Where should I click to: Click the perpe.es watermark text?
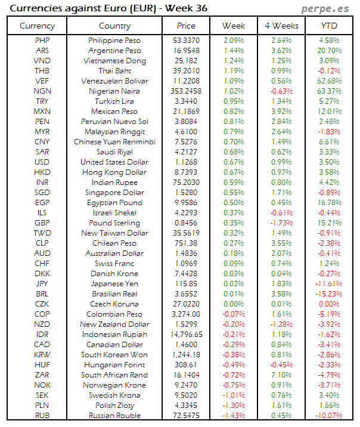(x=327, y=8)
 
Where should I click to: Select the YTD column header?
(x=327, y=26)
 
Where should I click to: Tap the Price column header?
(x=186, y=26)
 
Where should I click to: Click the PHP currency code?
(x=42, y=40)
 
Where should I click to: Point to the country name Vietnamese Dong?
(x=114, y=60)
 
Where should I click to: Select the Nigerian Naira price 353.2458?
(x=186, y=91)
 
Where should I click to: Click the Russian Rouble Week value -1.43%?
(x=233, y=415)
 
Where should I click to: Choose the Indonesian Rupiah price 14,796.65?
(x=186, y=334)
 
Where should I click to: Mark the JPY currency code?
(x=42, y=283)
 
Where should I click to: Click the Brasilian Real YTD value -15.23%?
(x=328, y=293)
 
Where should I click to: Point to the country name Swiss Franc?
(x=114, y=263)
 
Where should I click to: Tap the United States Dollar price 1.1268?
(x=186, y=162)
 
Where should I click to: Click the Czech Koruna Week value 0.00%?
(x=233, y=304)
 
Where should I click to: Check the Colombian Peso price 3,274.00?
(x=186, y=314)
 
